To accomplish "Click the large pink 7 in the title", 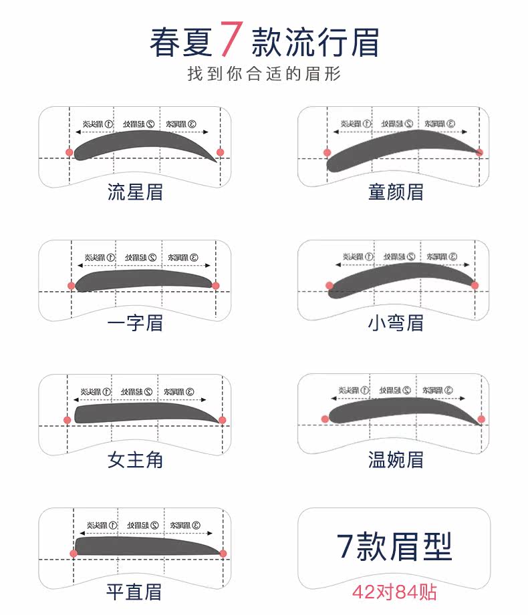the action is [229, 39].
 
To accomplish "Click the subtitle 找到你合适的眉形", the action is [264, 73].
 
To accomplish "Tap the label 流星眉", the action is [135, 192].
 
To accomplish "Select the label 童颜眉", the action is [396, 192].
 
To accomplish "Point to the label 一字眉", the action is [135, 323].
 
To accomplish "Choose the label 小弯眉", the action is [396, 323].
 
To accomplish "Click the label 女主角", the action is [135, 459].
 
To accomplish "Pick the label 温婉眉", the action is [396, 459].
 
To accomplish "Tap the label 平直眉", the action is [135, 592].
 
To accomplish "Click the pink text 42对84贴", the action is [396, 592].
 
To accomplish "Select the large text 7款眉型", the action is [394, 546].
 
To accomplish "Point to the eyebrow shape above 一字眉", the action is [144, 279].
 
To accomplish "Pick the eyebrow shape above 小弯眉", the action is [401, 275].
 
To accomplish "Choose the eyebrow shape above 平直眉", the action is [144, 546].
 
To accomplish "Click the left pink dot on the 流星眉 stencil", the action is [69, 152].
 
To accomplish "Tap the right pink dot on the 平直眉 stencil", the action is [223, 554].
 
